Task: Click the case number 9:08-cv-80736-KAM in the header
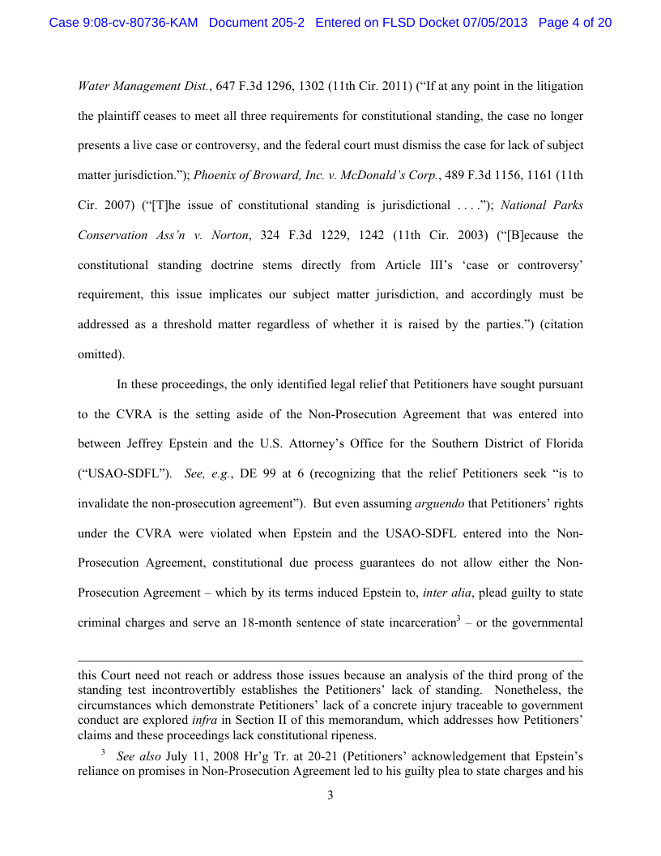point(123,23)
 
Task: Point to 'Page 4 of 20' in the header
point(574,23)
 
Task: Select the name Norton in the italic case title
point(220,235)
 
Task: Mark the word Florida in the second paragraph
point(561,443)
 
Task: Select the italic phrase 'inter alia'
point(449,593)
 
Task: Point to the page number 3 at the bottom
point(330,795)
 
